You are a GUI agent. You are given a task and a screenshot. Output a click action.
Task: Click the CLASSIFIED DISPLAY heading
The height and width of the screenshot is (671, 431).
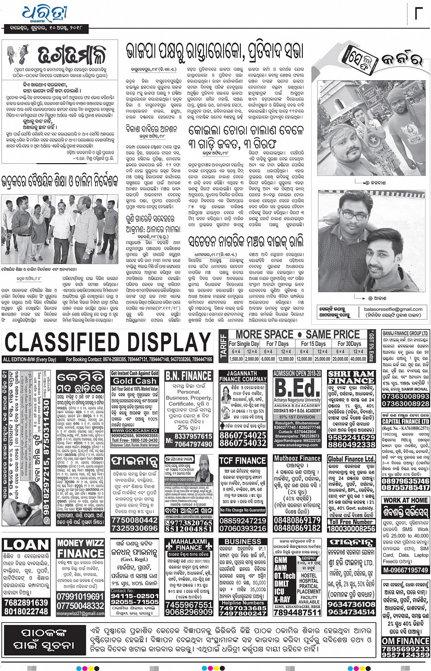coord(108,343)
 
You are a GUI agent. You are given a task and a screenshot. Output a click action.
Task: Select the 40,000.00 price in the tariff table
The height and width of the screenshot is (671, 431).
coord(358,359)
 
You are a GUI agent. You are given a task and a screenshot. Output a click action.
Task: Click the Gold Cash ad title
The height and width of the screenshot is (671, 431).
coord(135,381)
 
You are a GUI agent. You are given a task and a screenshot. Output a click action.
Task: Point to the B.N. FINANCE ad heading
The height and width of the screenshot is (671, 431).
coord(189,376)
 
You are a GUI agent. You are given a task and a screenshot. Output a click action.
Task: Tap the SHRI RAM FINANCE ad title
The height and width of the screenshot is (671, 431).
coord(351,377)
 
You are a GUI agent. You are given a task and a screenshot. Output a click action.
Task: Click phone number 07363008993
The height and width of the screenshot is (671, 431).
coord(405,397)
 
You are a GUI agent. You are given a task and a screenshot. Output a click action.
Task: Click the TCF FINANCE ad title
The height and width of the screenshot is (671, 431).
coord(243,460)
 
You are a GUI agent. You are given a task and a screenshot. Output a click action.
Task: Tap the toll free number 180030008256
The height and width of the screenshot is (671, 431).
coord(351,529)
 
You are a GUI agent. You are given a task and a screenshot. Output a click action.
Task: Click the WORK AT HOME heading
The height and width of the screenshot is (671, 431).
coord(405,500)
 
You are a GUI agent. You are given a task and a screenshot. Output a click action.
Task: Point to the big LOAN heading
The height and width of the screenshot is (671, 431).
coord(26,545)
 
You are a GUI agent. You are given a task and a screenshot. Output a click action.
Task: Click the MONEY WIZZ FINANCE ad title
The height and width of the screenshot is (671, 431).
coord(80,548)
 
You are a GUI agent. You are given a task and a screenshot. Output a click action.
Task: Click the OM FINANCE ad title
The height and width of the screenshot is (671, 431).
coord(405,641)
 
